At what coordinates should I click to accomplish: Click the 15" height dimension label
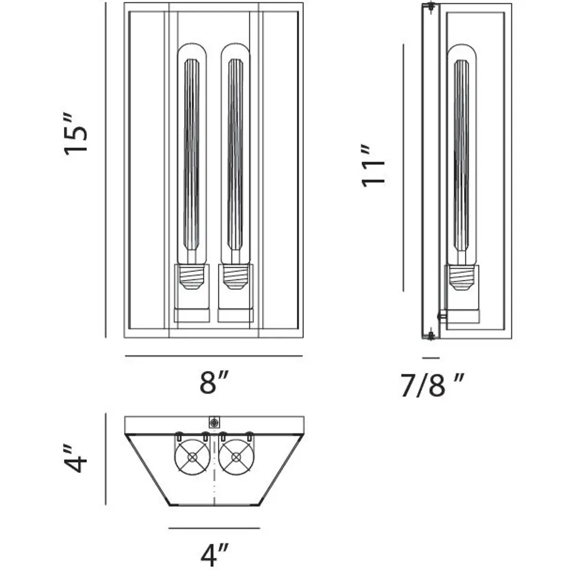click(x=76, y=134)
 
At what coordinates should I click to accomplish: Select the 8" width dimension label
click(x=214, y=381)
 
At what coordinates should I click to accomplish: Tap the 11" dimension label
click(x=373, y=166)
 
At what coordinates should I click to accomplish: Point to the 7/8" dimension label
click(x=432, y=385)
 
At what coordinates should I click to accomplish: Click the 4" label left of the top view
click(x=75, y=458)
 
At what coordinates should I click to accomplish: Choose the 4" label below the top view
click(x=214, y=555)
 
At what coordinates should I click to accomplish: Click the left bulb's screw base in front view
click(x=192, y=277)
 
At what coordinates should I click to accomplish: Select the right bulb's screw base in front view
click(x=235, y=277)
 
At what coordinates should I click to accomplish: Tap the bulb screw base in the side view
click(x=462, y=278)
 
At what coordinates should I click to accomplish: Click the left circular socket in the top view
click(x=192, y=457)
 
